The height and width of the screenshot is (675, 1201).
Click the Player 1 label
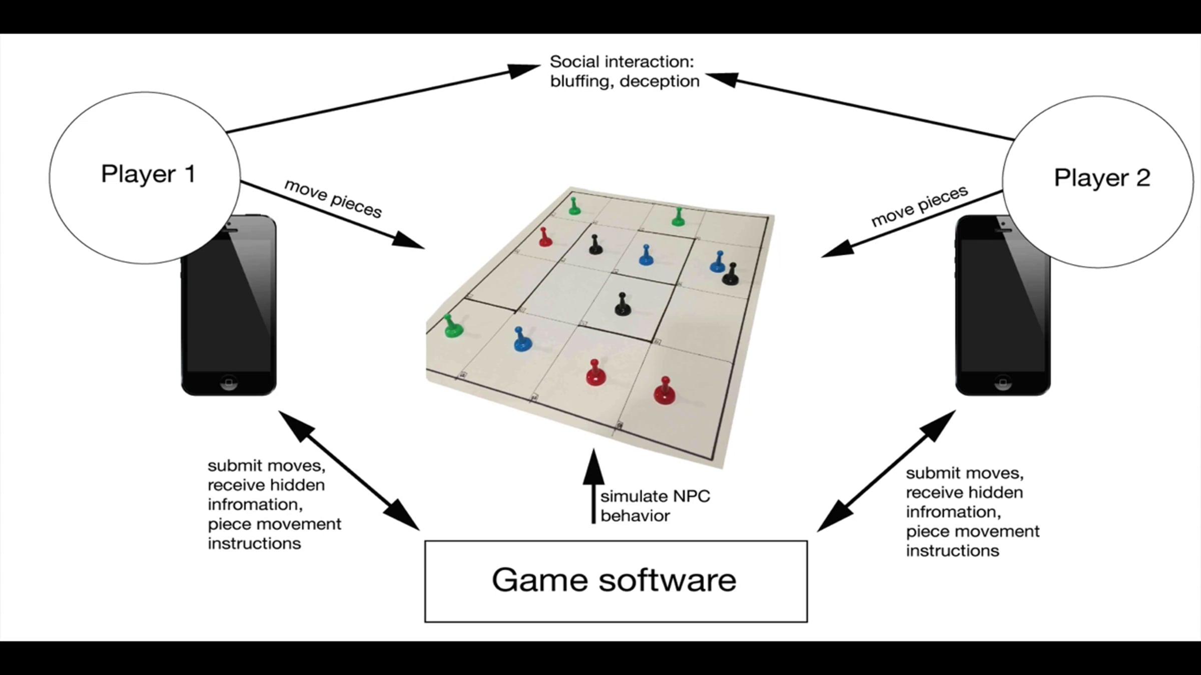pyautogui.click(x=148, y=174)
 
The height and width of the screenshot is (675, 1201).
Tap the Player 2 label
pyautogui.click(x=1102, y=178)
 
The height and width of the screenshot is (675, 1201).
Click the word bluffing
pyautogui.click(x=581, y=81)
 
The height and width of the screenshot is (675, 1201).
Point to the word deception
pyautogui.click(x=660, y=81)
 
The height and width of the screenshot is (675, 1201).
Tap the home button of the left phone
pyautogui.click(x=229, y=382)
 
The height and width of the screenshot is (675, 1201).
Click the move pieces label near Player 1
pyautogui.click(x=333, y=198)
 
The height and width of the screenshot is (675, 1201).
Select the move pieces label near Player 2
pyautogui.click(x=920, y=205)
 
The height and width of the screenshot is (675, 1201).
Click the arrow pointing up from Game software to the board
pyautogui.click(x=594, y=486)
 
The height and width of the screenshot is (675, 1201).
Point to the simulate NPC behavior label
pyautogui.click(x=655, y=506)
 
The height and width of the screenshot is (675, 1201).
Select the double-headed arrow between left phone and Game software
pyautogui.click(x=349, y=470)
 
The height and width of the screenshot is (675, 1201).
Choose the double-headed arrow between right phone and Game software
pyautogui.click(x=886, y=470)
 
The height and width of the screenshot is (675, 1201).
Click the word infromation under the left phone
pyautogui.click(x=256, y=504)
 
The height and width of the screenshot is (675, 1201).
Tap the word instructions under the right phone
pyautogui.click(x=952, y=551)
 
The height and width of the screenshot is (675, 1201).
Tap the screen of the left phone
pyautogui.click(x=229, y=305)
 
